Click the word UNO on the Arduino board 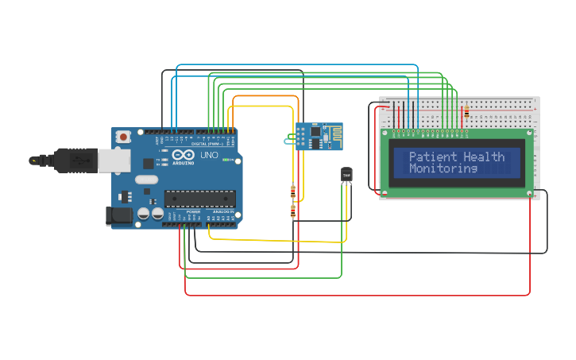pos(209,154)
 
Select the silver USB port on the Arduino pos(112,161)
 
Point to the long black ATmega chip pos(200,197)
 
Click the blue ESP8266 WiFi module pos(319,136)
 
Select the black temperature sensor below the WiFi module pos(346,174)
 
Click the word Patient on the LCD pos(433,157)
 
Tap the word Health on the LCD pos(485,157)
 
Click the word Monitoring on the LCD pos(443,168)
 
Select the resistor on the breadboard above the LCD pos(466,113)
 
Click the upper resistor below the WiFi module pos(294,192)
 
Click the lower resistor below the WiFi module pos(293,211)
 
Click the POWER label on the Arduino pos(193,212)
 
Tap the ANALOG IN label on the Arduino pos(222,212)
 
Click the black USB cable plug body pos(71,160)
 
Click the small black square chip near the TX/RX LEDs pos(148,163)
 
